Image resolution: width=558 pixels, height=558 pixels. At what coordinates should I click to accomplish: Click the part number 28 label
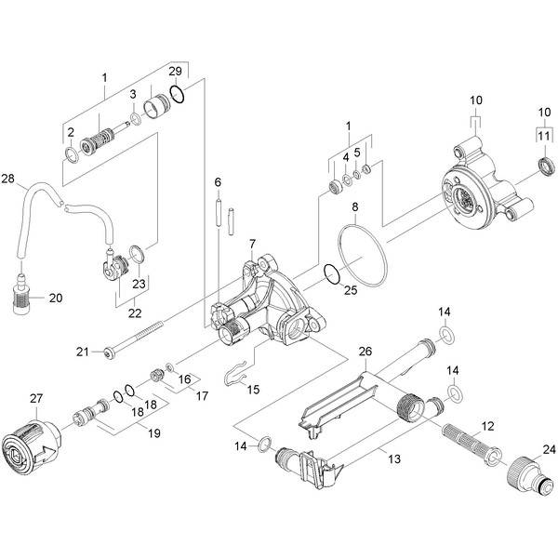(7, 179)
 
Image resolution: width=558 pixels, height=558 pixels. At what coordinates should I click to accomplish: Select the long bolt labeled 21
(133, 338)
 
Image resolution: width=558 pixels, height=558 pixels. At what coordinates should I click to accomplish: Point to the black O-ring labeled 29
(178, 95)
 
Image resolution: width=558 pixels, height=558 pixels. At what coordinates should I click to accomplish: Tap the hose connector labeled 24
(530, 475)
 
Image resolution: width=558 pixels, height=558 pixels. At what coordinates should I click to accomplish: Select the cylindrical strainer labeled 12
(472, 445)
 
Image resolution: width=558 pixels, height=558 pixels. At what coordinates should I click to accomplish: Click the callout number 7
(252, 245)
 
